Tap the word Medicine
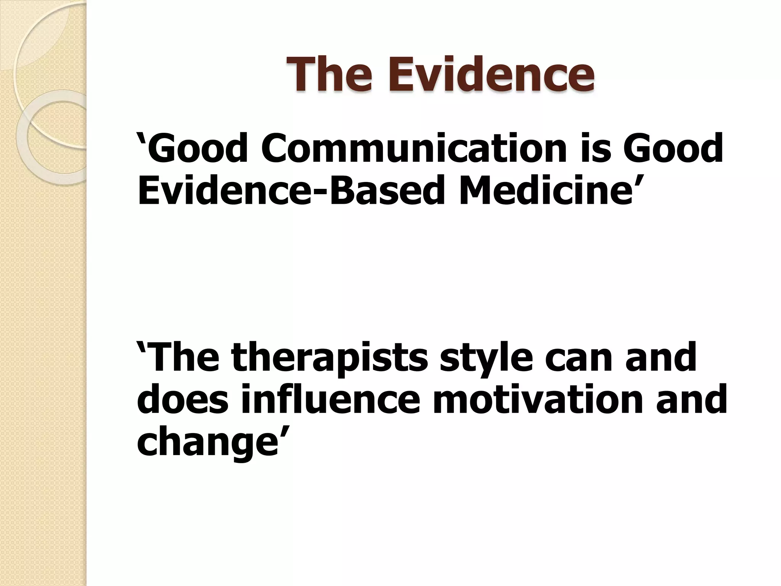543,189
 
